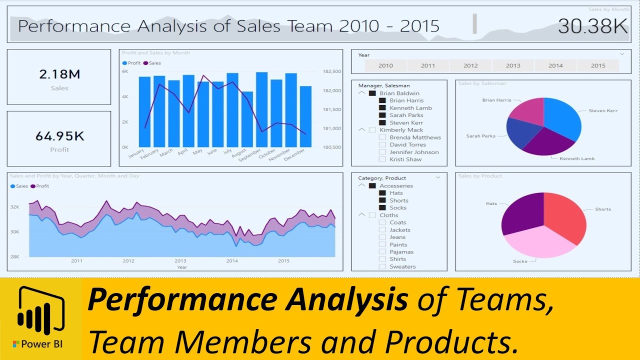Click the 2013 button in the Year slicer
[x=513, y=65]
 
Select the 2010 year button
[x=385, y=65]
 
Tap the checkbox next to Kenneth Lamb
[x=382, y=108]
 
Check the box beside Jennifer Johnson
[x=382, y=152]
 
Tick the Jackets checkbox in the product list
[x=382, y=230]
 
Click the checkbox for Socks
[x=382, y=208]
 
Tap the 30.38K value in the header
[x=592, y=26]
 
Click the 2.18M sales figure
[x=59, y=74]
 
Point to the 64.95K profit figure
[x=59, y=136]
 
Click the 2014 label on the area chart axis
[x=232, y=261]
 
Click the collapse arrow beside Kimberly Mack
[x=361, y=130]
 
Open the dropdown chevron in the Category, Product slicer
[x=438, y=177]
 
